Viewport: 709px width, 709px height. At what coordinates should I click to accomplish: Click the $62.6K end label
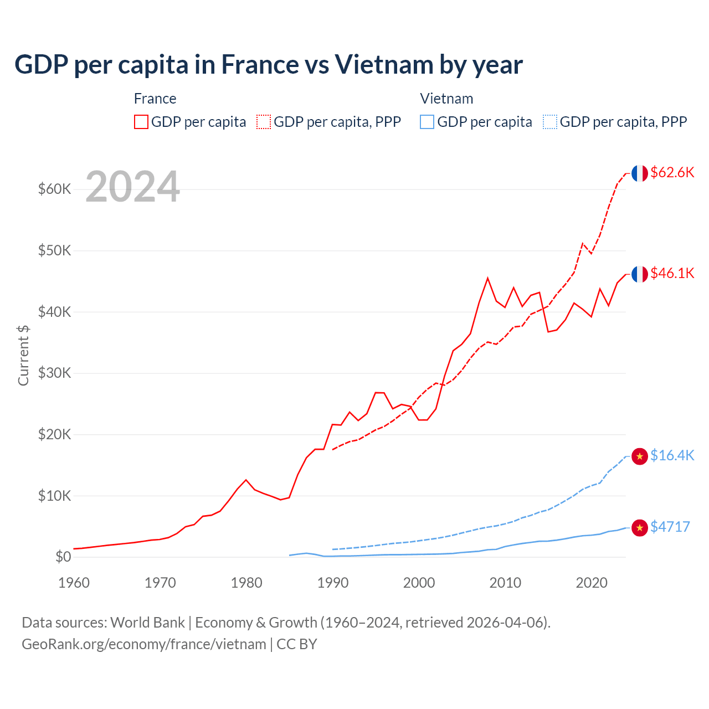672,172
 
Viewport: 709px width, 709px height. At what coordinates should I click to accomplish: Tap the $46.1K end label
672,273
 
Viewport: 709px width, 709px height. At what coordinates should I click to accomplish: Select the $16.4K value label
672,455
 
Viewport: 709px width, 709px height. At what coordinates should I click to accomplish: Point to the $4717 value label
670,527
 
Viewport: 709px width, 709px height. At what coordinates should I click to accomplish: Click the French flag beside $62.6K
640,173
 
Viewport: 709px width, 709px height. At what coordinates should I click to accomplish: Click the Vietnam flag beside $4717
640,528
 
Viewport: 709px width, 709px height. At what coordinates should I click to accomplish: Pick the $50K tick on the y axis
55,250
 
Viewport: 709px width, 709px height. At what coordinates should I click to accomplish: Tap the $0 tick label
63,557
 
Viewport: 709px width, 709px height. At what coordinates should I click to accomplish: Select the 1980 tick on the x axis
246,583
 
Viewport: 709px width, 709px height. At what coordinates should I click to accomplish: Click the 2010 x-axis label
505,583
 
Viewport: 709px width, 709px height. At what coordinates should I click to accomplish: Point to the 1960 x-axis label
74,583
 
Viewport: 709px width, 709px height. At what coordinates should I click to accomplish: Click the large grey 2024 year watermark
132,187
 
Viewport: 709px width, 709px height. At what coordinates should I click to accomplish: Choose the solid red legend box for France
141,122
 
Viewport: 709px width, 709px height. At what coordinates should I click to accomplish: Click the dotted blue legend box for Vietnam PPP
550,122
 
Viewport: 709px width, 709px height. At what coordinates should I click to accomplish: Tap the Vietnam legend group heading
446,99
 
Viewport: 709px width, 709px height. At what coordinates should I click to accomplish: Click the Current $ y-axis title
23,356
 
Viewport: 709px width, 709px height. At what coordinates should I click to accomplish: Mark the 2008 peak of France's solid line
487,278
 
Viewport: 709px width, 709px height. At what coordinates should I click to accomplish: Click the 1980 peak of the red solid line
246,480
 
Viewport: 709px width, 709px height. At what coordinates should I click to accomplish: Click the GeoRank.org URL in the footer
144,644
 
